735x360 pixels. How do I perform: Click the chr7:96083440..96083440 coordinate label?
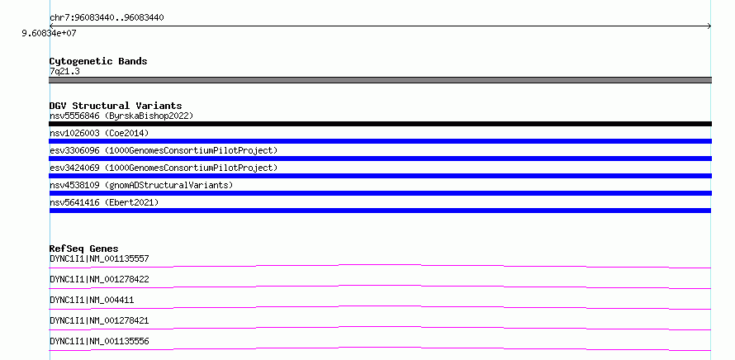[x=107, y=18]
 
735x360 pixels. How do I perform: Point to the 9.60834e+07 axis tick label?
[x=50, y=33]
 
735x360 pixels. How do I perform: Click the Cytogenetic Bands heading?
[x=98, y=61]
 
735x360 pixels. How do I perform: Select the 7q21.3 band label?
[x=64, y=71]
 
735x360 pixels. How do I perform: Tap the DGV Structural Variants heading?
[x=116, y=106]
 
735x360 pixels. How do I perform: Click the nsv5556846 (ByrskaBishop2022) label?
[x=121, y=116]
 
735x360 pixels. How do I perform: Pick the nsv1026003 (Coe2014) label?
[x=99, y=133]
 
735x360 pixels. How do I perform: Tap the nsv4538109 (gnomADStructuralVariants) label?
[x=141, y=185]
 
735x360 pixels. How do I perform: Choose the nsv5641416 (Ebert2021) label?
[x=104, y=202]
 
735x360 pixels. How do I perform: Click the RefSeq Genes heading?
[x=84, y=249]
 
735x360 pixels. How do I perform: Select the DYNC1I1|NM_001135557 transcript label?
[x=99, y=258]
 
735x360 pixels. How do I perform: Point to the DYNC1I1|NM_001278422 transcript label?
[x=99, y=279]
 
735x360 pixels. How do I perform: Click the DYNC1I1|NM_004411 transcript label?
[x=92, y=300]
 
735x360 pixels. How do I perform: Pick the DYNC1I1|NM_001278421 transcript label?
[x=99, y=320]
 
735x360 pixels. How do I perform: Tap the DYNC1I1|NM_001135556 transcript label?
[x=99, y=341]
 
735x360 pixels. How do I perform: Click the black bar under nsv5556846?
[x=380, y=124]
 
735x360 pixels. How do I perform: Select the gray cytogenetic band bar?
[x=380, y=80]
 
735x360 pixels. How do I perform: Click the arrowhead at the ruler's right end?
[x=710, y=26]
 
